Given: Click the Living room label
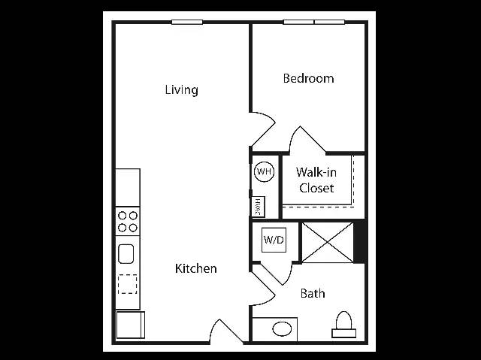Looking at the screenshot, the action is (x=182, y=90).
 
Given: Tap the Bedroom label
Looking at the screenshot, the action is (x=308, y=78).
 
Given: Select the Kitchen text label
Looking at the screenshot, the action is (x=195, y=268).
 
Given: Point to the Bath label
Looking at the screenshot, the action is (x=313, y=293).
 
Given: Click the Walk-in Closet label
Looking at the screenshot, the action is (x=316, y=180).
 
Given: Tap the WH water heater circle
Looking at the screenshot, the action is (x=264, y=171).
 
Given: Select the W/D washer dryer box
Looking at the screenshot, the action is (x=274, y=240).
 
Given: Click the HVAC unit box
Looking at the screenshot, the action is (x=258, y=207).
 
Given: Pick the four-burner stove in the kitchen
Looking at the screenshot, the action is (x=128, y=222).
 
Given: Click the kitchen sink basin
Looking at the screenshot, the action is (x=126, y=254).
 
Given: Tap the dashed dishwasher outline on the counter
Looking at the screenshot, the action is (x=127, y=284).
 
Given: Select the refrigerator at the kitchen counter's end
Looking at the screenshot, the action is (x=130, y=325).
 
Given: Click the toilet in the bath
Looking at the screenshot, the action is (x=344, y=325).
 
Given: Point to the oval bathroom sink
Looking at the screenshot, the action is (x=282, y=330).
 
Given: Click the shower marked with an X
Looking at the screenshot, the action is (x=328, y=243).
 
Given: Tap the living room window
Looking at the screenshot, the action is (x=187, y=22).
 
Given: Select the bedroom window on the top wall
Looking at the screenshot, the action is (x=314, y=22).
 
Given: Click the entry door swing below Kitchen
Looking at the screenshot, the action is (x=226, y=331).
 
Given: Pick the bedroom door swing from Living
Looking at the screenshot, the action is (x=262, y=129).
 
